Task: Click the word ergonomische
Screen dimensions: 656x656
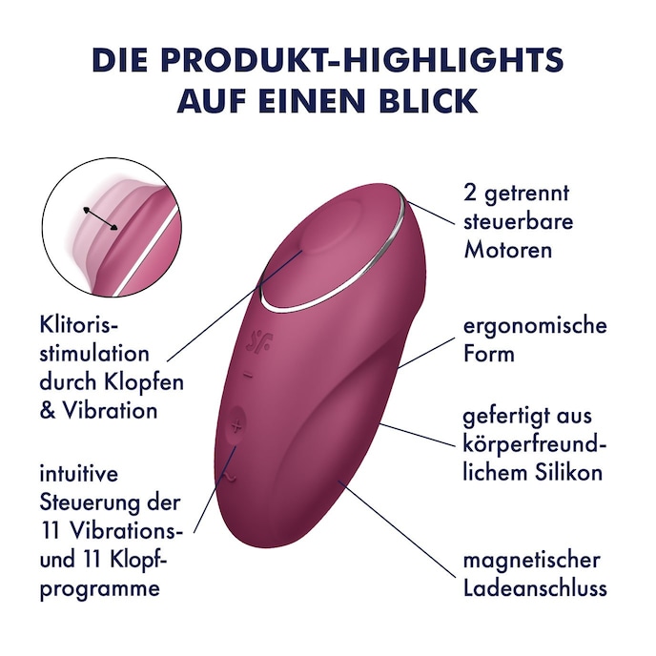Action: point(535,326)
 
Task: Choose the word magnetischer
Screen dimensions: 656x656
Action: point(531,560)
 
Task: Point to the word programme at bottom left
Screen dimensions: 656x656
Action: point(99,588)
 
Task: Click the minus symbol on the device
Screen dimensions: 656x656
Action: point(247,375)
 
